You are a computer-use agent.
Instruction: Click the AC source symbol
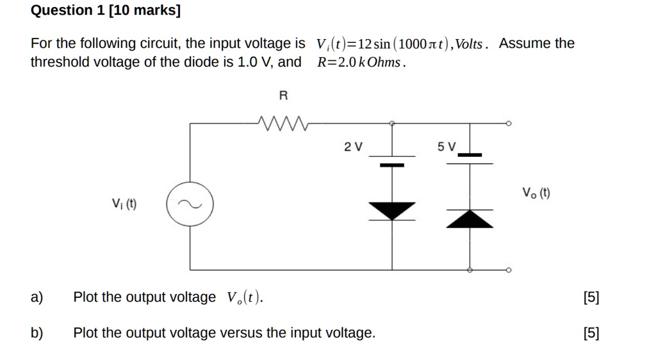[x=190, y=205]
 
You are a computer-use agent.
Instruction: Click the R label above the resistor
[x=283, y=96]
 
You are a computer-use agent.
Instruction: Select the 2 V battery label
[x=353, y=147]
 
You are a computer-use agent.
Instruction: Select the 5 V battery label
[x=447, y=147]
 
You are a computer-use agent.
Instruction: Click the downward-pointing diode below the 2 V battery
[x=392, y=210]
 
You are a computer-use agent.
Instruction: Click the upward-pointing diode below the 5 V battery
[x=470, y=218]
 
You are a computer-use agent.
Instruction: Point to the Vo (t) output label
[x=536, y=192]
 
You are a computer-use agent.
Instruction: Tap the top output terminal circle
[x=509, y=123]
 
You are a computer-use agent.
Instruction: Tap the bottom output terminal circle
[x=509, y=270]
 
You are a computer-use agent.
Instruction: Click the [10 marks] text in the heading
[x=138, y=10]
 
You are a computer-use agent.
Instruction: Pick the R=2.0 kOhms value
[x=361, y=63]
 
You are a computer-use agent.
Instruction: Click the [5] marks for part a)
[x=591, y=297]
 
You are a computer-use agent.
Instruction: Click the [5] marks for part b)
[x=591, y=333]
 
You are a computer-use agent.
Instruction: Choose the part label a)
[x=37, y=297]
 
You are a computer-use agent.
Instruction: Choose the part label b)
[x=37, y=333]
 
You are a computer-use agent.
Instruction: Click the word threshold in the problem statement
[x=59, y=62]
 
